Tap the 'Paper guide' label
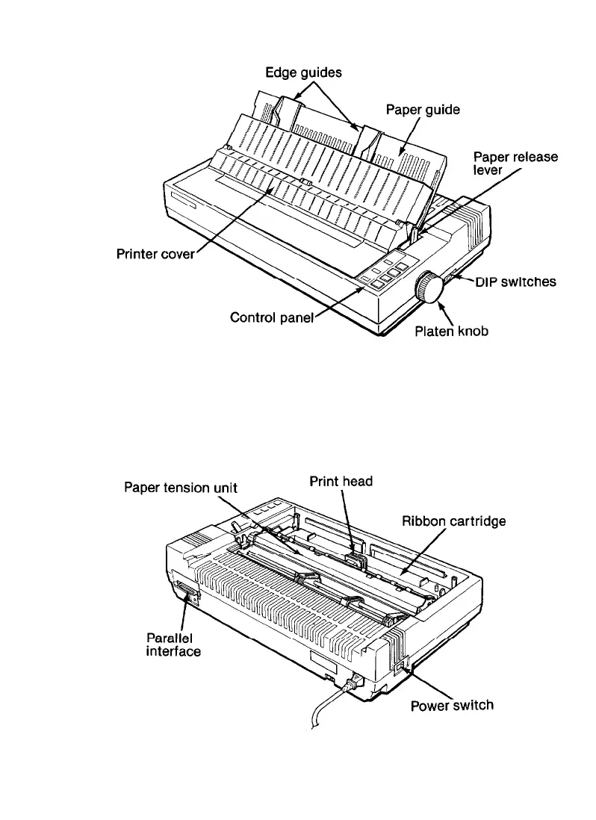[423, 109]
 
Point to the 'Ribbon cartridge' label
[453, 521]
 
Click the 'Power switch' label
[452, 704]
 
